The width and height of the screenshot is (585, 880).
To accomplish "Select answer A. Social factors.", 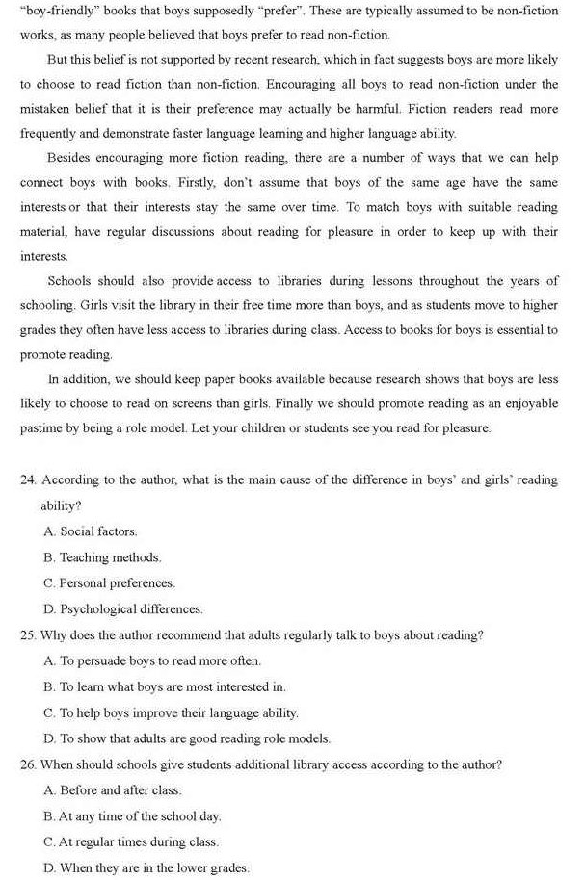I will point(91,531).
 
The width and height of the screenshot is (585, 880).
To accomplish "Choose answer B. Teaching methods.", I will point(102,557).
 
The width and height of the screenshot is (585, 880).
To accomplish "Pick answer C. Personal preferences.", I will point(109,583).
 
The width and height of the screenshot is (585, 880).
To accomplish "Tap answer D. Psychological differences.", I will point(123,609).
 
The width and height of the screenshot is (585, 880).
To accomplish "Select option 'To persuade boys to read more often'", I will point(152,661).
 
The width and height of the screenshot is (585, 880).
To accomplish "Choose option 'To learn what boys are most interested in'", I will point(165,687).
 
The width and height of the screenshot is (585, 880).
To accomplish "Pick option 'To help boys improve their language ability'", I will point(172,713).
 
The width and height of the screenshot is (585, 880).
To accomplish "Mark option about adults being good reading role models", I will point(187,739).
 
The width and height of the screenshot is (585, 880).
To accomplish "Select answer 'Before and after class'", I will point(113,790).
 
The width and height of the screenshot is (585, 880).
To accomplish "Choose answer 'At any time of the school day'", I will point(133,816).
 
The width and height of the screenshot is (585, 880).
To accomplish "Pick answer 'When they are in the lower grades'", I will point(146,867).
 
